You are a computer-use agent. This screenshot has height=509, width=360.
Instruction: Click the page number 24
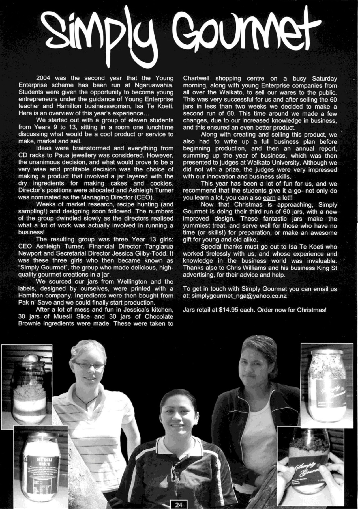click(x=179, y=504)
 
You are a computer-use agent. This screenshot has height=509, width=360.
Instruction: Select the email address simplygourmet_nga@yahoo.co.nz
click(x=239, y=296)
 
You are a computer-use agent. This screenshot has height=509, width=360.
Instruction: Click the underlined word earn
click(x=269, y=198)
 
